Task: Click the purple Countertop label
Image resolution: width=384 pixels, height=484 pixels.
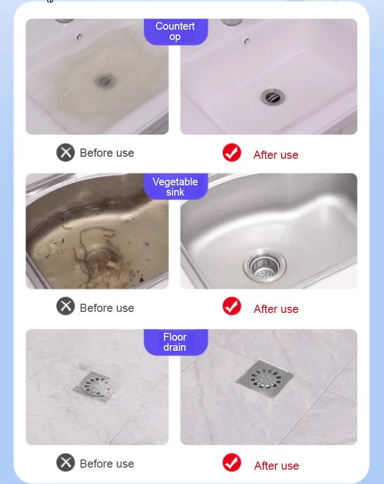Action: click(176, 31)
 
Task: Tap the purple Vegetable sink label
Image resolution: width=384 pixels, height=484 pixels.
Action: click(176, 186)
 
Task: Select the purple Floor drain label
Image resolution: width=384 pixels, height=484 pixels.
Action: click(176, 342)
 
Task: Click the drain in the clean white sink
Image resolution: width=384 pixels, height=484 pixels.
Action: click(272, 97)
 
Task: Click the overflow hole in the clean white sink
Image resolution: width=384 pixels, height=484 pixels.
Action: click(247, 41)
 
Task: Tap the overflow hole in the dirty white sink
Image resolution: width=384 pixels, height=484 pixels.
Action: click(79, 38)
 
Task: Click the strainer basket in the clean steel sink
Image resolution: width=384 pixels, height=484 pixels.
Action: click(265, 266)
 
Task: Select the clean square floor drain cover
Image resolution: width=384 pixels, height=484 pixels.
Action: click(265, 378)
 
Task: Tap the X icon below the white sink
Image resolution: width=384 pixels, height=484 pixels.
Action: click(66, 153)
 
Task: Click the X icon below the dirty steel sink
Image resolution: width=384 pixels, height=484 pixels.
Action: click(66, 306)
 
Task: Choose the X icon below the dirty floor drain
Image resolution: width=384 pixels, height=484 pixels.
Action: click(66, 462)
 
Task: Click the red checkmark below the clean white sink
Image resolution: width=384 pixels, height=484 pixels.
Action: click(232, 153)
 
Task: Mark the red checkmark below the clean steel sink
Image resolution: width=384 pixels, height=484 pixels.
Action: click(232, 306)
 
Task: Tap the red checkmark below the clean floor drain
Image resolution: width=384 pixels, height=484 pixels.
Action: click(232, 462)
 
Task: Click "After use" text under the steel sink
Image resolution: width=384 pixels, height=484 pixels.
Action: click(276, 309)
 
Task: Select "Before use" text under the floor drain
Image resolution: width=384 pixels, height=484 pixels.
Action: click(107, 464)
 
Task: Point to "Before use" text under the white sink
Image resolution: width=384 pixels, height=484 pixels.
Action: click(107, 153)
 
